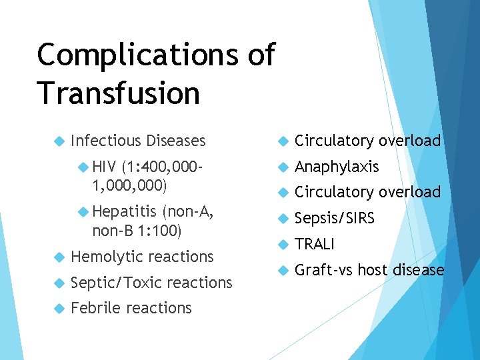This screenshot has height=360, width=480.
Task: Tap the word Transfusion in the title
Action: [x=119, y=93]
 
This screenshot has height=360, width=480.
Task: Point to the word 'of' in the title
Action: [x=259, y=54]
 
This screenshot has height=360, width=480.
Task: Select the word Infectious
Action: [x=105, y=141]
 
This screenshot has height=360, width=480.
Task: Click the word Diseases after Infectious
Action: [x=176, y=141]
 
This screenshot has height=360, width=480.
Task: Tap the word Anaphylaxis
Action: [x=337, y=167]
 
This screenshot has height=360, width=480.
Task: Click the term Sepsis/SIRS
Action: [x=335, y=218]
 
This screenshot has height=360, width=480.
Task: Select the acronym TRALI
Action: [x=314, y=244]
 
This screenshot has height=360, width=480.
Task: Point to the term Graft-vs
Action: [x=324, y=270]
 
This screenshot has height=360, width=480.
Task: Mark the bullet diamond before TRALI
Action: [x=283, y=245]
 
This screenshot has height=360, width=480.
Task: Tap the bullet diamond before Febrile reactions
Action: [x=58, y=309]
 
